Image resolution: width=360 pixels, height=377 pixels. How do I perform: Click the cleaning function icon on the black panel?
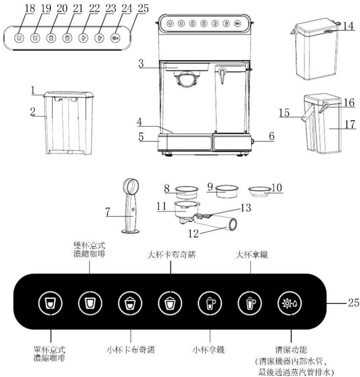290,303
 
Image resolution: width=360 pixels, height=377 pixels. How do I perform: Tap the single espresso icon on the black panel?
50,303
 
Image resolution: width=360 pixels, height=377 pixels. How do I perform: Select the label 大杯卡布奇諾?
172,255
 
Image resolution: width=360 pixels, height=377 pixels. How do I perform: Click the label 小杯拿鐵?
209,349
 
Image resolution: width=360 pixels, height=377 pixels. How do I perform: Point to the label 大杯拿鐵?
252,255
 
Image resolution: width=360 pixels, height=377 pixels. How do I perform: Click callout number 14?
349,26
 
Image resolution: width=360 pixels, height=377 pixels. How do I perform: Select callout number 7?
107,212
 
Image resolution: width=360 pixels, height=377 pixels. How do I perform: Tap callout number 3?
141,64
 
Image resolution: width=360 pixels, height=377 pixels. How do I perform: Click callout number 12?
193,233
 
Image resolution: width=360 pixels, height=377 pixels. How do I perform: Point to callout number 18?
30,8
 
